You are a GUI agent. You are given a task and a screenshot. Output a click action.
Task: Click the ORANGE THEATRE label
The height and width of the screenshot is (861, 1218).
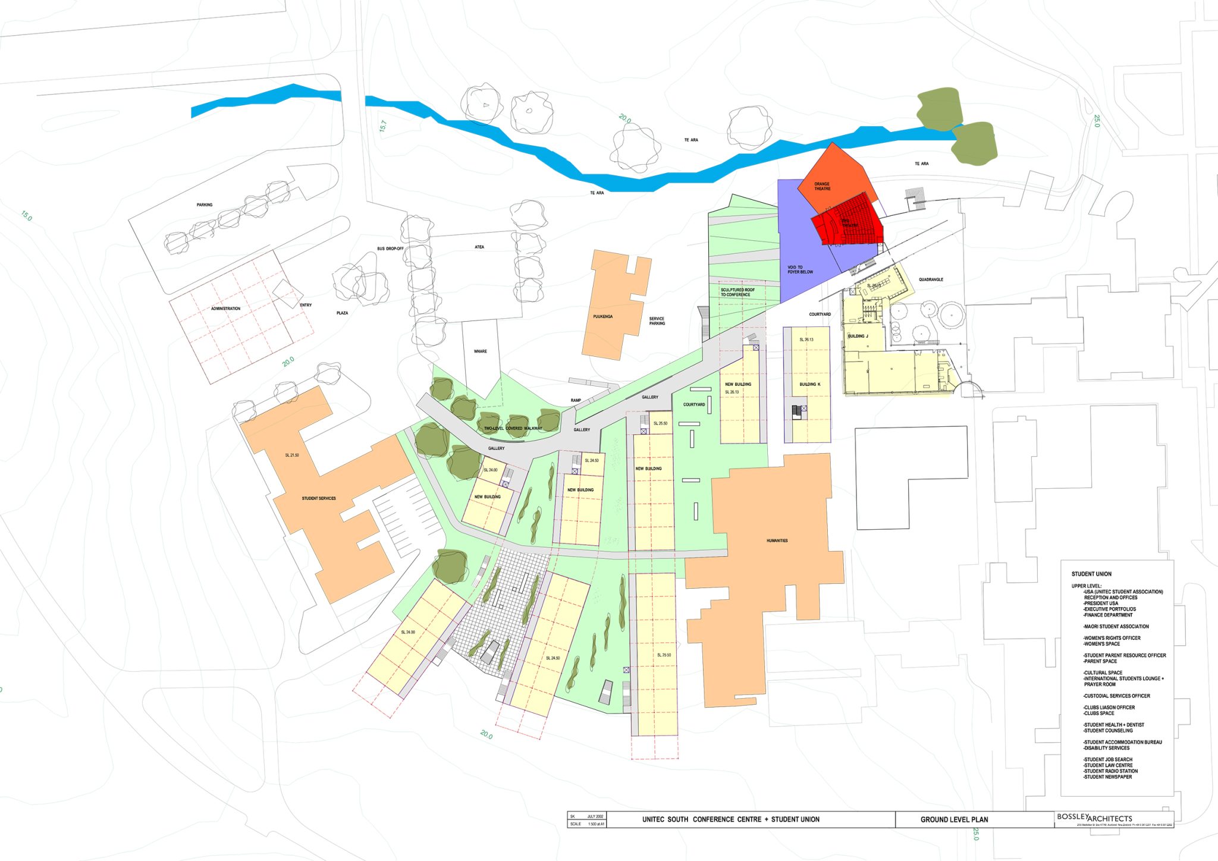pyautogui.click(x=822, y=186)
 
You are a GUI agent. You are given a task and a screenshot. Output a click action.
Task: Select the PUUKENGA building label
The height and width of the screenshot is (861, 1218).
pyautogui.click(x=602, y=316)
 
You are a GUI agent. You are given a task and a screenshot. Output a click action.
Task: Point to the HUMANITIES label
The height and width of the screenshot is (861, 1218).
pyautogui.click(x=777, y=541)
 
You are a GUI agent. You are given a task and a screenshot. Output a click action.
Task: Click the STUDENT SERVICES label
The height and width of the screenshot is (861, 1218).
pyautogui.click(x=318, y=498)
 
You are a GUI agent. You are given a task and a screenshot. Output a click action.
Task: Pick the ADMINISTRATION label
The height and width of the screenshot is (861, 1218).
pyautogui.click(x=225, y=309)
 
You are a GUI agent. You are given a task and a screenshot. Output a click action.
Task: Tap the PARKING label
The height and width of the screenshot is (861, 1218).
pyautogui.click(x=205, y=205)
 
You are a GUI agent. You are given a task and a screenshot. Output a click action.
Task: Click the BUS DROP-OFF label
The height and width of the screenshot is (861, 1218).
pyautogui.click(x=390, y=249)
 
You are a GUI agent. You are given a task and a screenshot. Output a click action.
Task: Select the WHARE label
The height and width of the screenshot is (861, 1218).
pyautogui.click(x=480, y=351)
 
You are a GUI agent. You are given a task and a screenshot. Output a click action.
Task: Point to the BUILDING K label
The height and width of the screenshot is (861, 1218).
pyautogui.click(x=809, y=385)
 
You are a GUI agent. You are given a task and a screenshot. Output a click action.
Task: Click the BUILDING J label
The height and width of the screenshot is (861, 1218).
pyautogui.click(x=858, y=336)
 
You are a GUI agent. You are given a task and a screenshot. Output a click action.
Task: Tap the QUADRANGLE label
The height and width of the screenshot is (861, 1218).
pyautogui.click(x=931, y=279)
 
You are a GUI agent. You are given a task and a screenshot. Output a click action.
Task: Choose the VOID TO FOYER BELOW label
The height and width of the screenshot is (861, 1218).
pyautogui.click(x=800, y=269)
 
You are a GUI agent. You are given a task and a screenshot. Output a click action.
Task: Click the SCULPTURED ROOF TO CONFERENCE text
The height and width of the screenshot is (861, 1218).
pyautogui.click(x=737, y=292)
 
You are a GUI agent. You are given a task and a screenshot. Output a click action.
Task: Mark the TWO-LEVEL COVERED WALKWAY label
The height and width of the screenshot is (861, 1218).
pyautogui.click(x=513, y=428)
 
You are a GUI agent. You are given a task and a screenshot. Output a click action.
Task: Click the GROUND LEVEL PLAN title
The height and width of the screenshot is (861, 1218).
pyautogui.click(x=954, y=819)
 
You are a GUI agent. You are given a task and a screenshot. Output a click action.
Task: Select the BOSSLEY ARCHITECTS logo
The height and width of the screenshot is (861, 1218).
pyautogui.click(x=1094, y=818)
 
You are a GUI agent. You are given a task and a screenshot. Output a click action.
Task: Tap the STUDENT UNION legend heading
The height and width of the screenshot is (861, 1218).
pyautogui.click(x=1091, y=574)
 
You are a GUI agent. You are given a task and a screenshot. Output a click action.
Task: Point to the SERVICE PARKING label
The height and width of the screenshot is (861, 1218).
pyautogui.click(x=657, y=321)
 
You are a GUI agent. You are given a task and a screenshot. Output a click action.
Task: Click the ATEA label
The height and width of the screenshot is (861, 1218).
pyautogui.click(x=479, y=247)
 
